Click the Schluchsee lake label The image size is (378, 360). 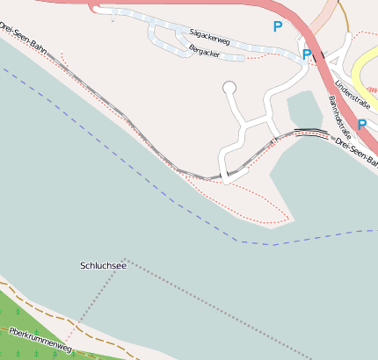(103, 265)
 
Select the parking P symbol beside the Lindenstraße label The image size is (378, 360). (361, 125)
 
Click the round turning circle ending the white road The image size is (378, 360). (230, 87)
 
